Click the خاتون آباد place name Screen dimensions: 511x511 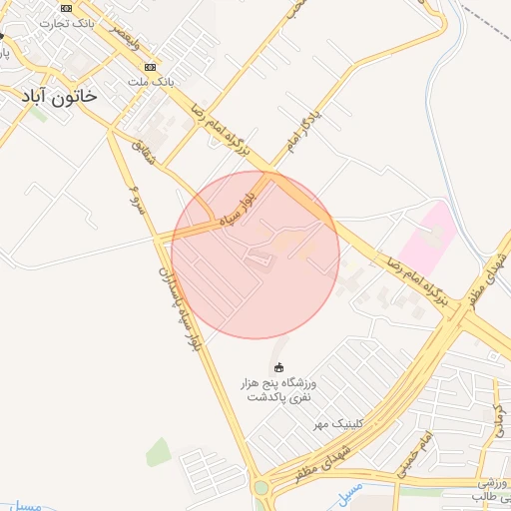(x=61, y=96)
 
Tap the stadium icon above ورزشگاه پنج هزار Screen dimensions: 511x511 (x=278, y=366)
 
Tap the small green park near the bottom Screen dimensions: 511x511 (x=159, y=452)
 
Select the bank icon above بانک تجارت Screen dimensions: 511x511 (x=66, y=7)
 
